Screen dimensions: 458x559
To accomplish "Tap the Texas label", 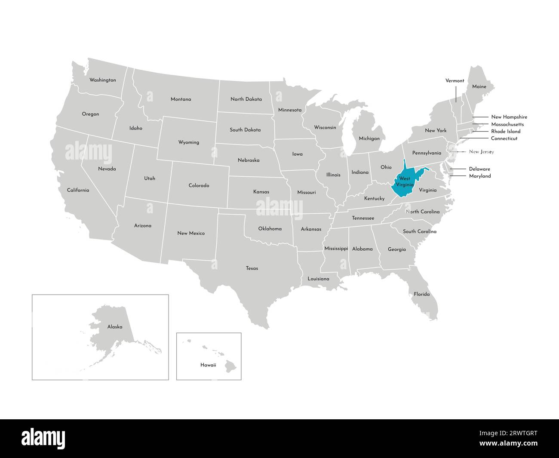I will coord(252,268).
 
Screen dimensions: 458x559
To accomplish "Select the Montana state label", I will coord(181,99).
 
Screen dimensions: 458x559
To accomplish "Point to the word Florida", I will coord(421,295).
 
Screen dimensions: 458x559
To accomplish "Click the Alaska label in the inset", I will coord(115,327).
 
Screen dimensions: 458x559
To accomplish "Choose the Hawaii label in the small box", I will coord(208,365).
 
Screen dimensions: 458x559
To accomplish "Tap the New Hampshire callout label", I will coord(509,117).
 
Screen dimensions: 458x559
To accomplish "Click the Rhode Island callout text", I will coord(506,132).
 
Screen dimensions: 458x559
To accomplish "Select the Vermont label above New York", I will coord(455,81).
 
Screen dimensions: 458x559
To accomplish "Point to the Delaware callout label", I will coord(479,169).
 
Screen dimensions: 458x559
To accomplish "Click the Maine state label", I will coord(479,87).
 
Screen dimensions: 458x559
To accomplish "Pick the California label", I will coord(78,190).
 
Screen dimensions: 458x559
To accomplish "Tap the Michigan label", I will coord(369,138).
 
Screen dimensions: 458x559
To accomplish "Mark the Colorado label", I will coord(199,186).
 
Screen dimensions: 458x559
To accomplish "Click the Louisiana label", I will coord(318,279).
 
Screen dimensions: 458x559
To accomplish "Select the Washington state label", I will coord(102,80).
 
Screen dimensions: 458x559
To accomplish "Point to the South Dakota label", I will coord(245,130).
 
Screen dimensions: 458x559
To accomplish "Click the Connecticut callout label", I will coord(504,138).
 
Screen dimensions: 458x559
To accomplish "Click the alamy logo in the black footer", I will coord(43,438).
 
